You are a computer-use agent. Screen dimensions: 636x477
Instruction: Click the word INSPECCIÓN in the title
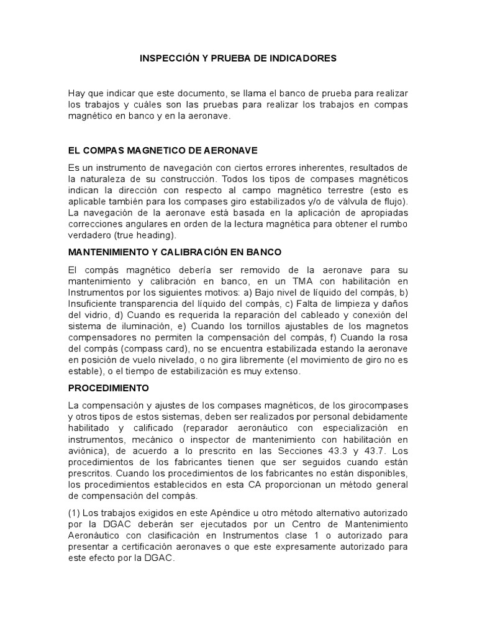[x=168, y=58]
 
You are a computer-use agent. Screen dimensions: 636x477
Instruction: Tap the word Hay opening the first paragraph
[x=76, y=93]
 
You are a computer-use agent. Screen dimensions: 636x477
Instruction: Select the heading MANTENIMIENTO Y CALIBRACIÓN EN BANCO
[x=175, y=252]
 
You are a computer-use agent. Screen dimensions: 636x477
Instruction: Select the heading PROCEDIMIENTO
[x=109, y=388]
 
